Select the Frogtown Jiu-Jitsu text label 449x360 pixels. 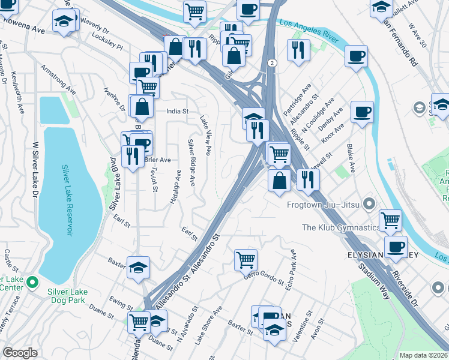tap(325, 205)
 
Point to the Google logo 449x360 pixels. tap(20, 353)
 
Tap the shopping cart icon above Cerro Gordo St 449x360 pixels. tap(246, 259)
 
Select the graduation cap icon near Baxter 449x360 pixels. tap(139, 268)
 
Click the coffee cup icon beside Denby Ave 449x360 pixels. tap(362, 112)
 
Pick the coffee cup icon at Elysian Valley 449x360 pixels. tap(396, 247)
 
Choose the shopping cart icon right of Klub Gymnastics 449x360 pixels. tap(390, 220)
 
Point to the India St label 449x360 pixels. tap(178, 112)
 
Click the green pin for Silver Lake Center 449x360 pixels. tap(32, 281)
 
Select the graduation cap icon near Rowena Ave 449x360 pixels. tap(62, 21)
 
